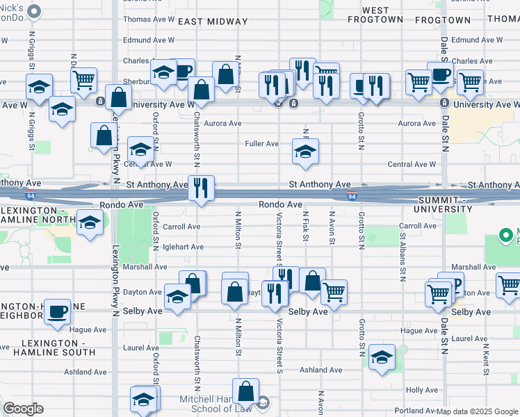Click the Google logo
point(23,409)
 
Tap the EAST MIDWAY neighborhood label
point(210,22)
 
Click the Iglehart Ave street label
point(183,247)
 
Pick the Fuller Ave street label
point(262,144)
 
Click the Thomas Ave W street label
point(149,19)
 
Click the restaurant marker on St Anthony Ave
point(201,188)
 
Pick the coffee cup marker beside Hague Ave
point(58,311)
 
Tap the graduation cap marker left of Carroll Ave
point(90,223)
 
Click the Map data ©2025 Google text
point(477,411)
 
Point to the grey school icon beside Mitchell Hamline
point(263,402)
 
